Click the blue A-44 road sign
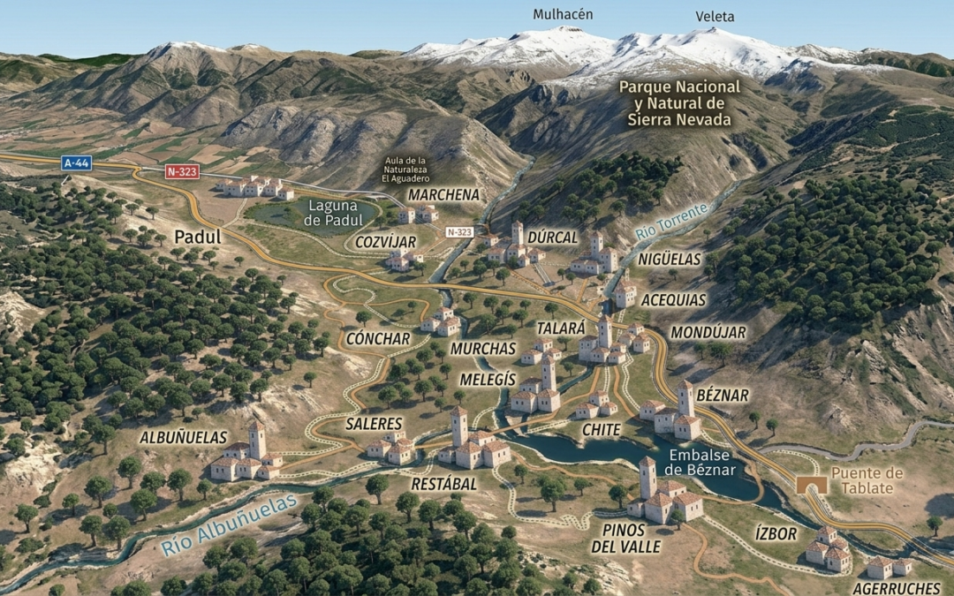pos(76,162)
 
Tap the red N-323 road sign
pos(183,172)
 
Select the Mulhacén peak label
pos(563,15)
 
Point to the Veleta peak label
pos(715,17)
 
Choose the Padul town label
pos(198,237)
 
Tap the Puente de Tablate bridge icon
pos(806,485)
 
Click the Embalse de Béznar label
pos(703,462)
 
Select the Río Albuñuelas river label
pos(229,526)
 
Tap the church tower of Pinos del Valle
pos(647,477)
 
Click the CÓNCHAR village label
pos(378,339)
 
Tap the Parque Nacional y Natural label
pos(679,103)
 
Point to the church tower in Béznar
pos(685,399)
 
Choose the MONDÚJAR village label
pos(708,333)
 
